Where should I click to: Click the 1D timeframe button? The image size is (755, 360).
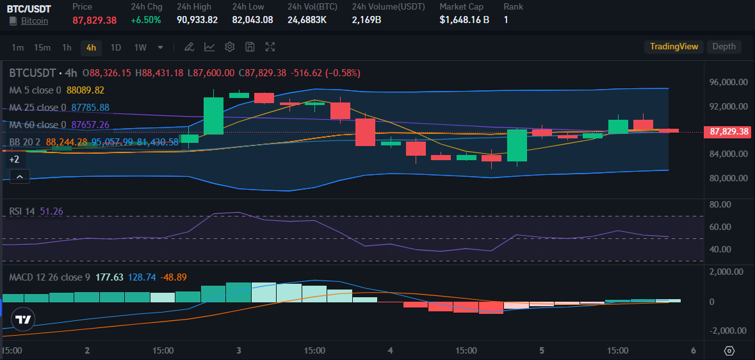116,47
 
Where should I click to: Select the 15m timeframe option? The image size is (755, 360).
42,47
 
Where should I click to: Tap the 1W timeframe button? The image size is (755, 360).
140,47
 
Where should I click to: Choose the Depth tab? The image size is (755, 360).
724,46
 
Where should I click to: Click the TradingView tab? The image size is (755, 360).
674,46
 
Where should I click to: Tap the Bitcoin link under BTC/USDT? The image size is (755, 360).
35,20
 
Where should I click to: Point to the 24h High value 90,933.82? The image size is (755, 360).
197,20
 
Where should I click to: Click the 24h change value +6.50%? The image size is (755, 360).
147,20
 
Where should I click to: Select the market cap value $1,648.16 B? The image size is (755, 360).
464,20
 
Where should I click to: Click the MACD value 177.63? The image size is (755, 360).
109,277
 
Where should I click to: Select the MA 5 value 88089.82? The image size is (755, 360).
85,90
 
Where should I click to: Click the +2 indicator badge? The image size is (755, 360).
14,159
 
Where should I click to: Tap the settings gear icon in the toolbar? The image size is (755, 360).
230,47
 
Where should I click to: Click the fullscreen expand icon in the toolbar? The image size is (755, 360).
270,47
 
